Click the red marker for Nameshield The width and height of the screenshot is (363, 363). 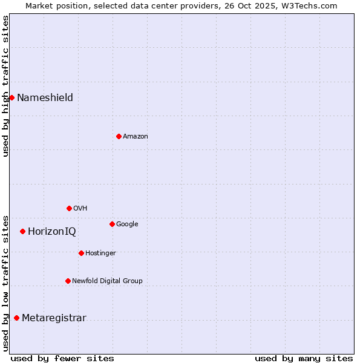[x=11, y=97]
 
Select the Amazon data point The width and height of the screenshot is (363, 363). [x=119, y=136]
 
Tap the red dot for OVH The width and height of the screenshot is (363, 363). [x=69, y=208]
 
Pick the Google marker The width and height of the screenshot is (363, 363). [x=112, y=224]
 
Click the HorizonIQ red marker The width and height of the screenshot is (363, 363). [x=22, y=231]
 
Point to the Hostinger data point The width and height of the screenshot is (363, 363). [x=81, y=253]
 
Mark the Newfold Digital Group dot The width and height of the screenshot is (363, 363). [x=68, y=281]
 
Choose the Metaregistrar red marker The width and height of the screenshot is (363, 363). [x=16, y=318]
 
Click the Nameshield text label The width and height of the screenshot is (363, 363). [x=45, y=98]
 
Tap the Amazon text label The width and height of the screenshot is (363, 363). [x=135, y=137]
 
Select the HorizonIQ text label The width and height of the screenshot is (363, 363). [x=51, y=232]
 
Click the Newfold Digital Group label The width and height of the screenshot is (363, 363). [x=107, y=281]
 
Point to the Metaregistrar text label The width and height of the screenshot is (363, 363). [x=54, y=318]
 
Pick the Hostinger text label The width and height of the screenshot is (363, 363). [x=100, y=253]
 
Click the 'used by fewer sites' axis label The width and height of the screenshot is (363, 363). [x=62, y=358]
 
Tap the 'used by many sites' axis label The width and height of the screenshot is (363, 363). [x=304, y=358]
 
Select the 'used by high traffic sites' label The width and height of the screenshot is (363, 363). [x=5, y=86]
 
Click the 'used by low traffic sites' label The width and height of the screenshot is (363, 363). [x=5, y=283]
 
